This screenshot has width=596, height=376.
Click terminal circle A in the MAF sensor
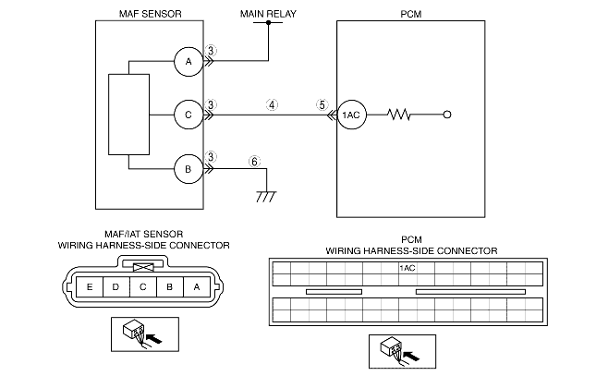(x=189, y=61)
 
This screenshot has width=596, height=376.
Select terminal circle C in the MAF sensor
(x=189, y=115)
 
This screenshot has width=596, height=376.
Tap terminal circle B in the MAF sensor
(x=189, y=169)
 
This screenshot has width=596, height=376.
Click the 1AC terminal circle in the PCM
(x=351, y=115)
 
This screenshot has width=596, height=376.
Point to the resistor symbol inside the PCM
(x=399, y=115)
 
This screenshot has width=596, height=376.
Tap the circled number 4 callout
(x=272, y=104)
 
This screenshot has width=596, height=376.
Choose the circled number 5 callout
(x=322, y=104)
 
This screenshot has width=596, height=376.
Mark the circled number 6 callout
(x=254, y=160)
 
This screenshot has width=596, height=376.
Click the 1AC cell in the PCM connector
(x=407, y=268)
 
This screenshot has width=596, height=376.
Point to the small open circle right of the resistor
(x=447, y=115)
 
